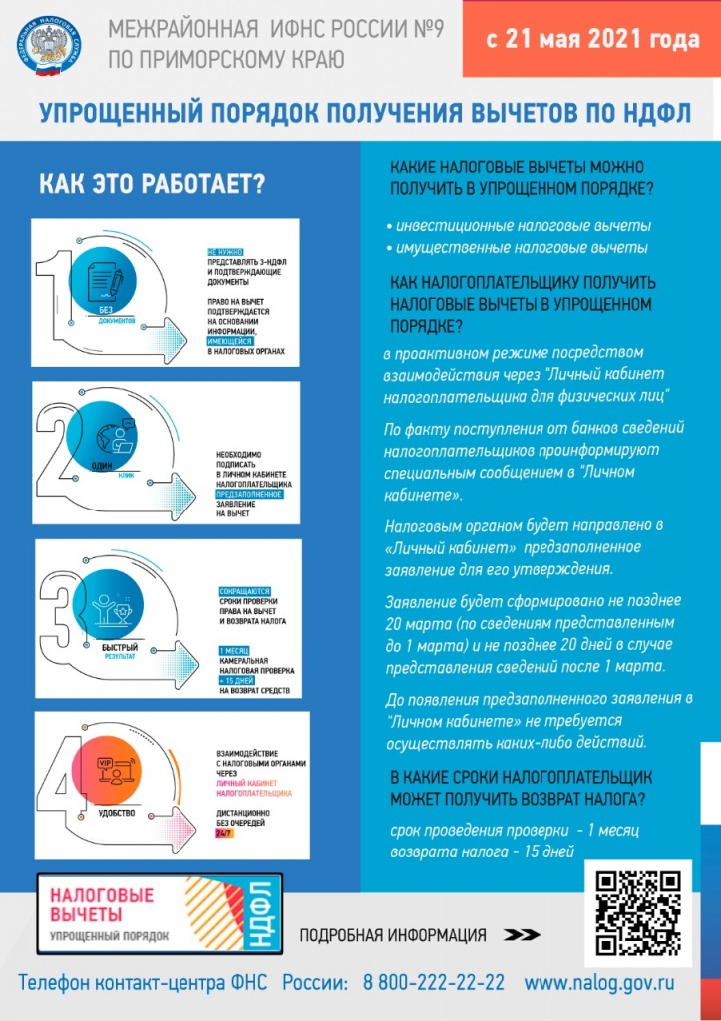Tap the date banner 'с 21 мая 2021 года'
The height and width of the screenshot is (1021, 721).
coord(591,41)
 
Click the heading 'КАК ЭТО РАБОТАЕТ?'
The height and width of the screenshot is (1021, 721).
coord(153,185)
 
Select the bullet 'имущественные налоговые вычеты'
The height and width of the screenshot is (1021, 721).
coord(522,247)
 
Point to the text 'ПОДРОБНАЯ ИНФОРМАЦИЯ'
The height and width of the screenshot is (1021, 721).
coord(393,935)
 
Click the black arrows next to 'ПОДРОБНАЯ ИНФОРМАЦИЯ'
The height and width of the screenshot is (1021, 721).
coord(522,935)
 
